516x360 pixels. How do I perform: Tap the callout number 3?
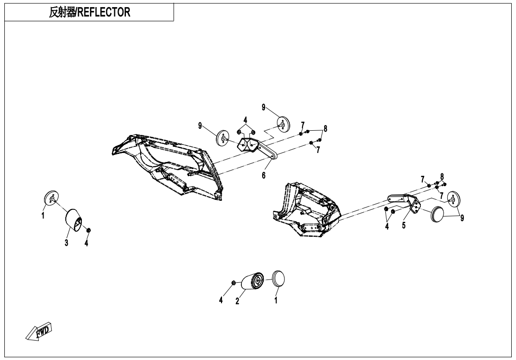[67, 243]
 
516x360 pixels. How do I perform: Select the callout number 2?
[238, 301]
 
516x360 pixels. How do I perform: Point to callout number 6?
[264, 175]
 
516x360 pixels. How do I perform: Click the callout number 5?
[404, 225]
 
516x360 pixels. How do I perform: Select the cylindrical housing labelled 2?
[253, 281]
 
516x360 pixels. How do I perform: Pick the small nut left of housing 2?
[234, 283]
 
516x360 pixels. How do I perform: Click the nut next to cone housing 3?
[88, 230]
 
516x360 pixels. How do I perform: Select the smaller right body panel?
[308, 208]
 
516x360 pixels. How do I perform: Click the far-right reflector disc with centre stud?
[454, 199]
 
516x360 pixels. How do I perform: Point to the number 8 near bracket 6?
[325, 128]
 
